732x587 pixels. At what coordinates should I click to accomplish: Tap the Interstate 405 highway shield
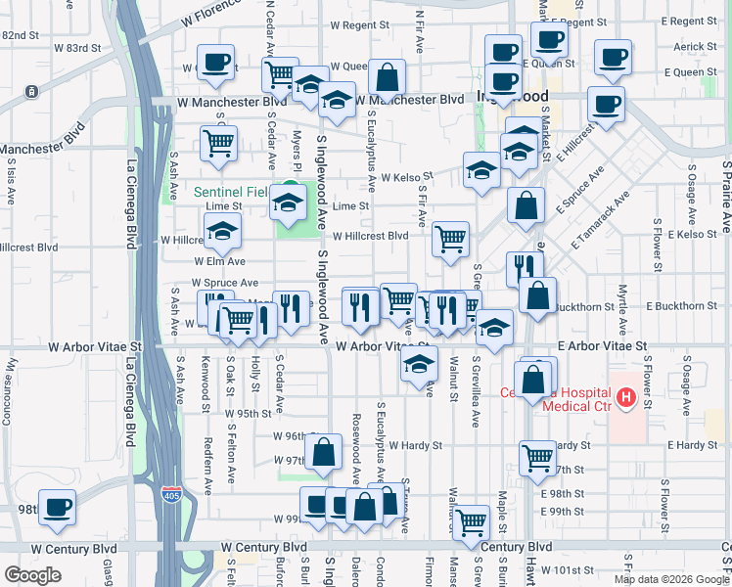pyautogui.click(x=172, y=495)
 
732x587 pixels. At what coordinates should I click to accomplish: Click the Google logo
pyautogui.click(x=32, y=575)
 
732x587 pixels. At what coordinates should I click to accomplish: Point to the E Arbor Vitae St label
pyautogui.click(x=603, y=346)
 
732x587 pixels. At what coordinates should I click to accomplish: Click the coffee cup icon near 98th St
pyautogui.click(x=56, y=506)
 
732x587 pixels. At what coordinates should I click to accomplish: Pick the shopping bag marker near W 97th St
pyautogui.click(x=323, y=451)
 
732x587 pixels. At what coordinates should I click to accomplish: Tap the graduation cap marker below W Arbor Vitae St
pyautogui.click(x=419, y=366)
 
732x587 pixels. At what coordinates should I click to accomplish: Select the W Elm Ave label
pyautogui.click(x=219, y=261)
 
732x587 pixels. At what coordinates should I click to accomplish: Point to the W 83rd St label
pyautogui.click(x=77, y=47)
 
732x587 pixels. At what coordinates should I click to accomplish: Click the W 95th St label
pyautogui.click(x=247, y=414)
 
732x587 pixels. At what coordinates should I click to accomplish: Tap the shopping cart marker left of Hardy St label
pyautogui.click(x=537, y=456)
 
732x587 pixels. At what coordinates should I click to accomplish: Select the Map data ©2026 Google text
pyautogui.click(x=670, y=579)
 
